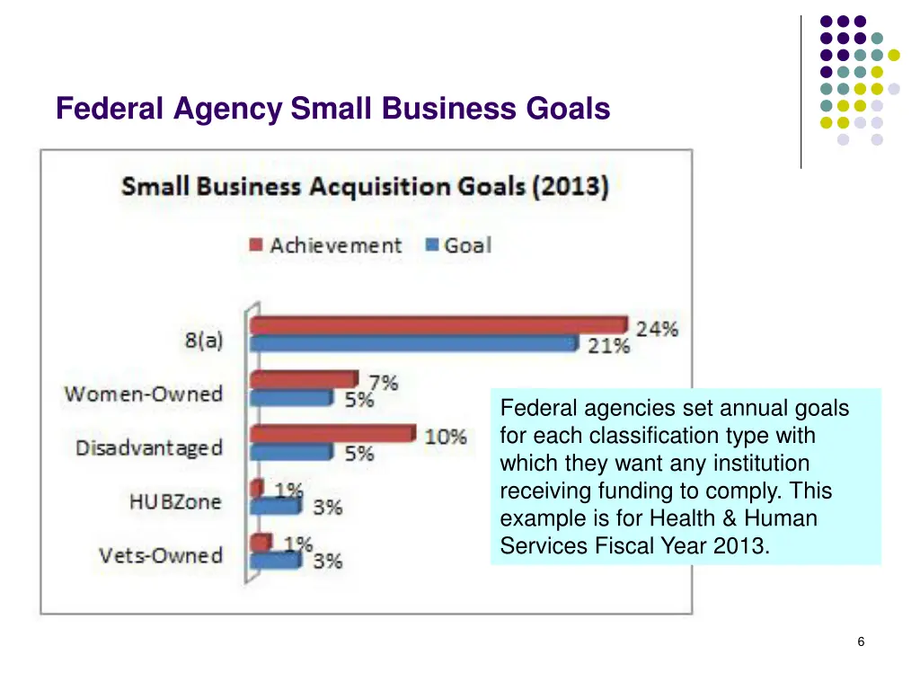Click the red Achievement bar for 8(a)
[x=438, y=325]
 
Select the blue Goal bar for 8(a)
[x=413, y=343]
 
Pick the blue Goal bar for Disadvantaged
[x=291, y=452]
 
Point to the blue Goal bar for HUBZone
[x=275, y=506]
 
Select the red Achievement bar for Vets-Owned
[x=261, y=543]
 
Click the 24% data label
[x=657, y=329]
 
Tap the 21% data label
[x=608, y=346]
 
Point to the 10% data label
[x=446, y=438]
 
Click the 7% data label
[x=383, y=383]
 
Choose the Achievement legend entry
[x=325, y=245]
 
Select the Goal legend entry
[x=457, y=245]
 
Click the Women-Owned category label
[x=143, y=394]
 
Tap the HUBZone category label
[x=174, y=501]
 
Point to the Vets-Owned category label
[x=161, y=555]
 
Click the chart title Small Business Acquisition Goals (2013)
[x=365, y=188]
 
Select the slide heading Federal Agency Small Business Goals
[x=332, y=109]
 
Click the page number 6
[x=861, y=641]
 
